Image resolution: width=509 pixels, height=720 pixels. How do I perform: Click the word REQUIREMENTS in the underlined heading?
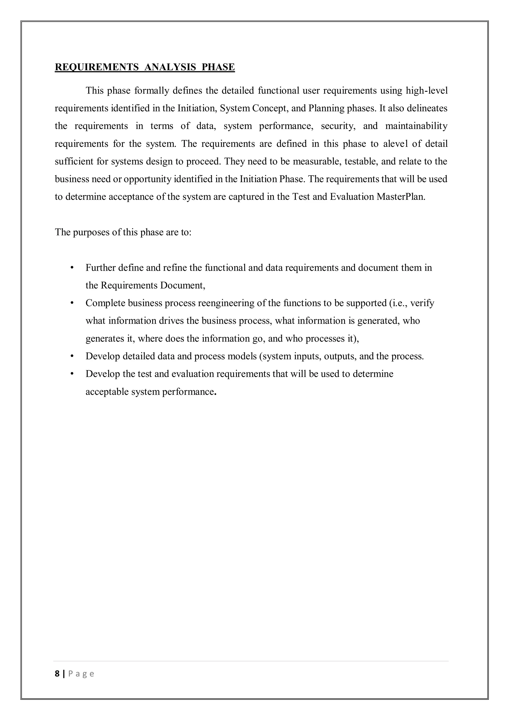[96, 67]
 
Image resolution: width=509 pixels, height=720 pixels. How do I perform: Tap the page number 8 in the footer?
[57, 673]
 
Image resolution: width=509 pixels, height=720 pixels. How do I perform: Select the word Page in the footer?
[81, 674]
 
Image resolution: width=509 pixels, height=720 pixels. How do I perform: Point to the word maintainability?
[416, 126]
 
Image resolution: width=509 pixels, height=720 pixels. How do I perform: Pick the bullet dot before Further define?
[72, 268]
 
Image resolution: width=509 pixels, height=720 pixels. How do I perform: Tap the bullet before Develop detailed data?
[72, 356]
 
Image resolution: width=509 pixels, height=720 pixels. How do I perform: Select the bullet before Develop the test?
[72, 374]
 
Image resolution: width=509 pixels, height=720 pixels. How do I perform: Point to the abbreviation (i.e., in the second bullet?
[398, 303]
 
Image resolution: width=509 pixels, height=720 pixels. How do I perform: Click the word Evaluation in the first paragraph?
[352, 197]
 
